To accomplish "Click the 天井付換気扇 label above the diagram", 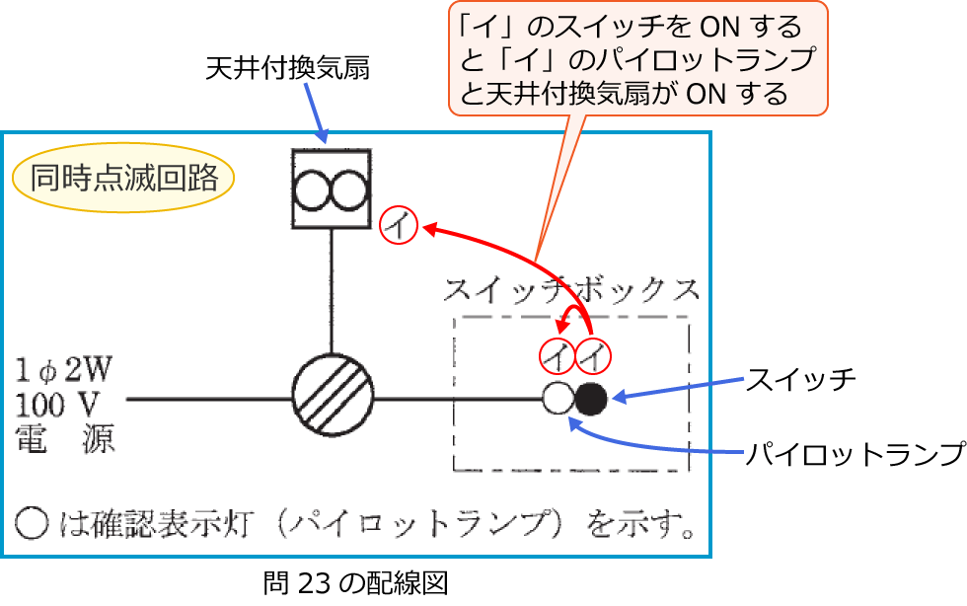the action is tap(287, 67).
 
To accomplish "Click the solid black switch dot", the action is tap(591, 399).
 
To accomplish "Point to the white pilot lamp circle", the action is tap(558, 399).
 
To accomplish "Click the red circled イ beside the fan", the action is tap(399, 225).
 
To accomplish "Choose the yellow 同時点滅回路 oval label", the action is tap(123, 178).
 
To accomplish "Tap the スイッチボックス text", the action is tap(571, 289).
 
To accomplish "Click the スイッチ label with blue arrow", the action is tap(800, 379).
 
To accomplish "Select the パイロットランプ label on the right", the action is tap(855, 454).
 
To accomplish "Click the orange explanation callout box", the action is tap(637, 58).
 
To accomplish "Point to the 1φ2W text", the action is tap(63, 370).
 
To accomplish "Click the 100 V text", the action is tap(57, 406).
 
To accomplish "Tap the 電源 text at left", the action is tap(65, 439).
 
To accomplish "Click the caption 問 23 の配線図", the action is tap(355, 583).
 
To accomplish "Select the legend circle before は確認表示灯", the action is tap(32, 523).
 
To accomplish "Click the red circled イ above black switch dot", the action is tap(593, 356).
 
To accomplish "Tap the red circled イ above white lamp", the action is tap(558, 356).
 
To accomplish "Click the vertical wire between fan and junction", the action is tap(332, 291).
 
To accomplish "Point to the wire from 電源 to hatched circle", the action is tap(209, 399).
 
